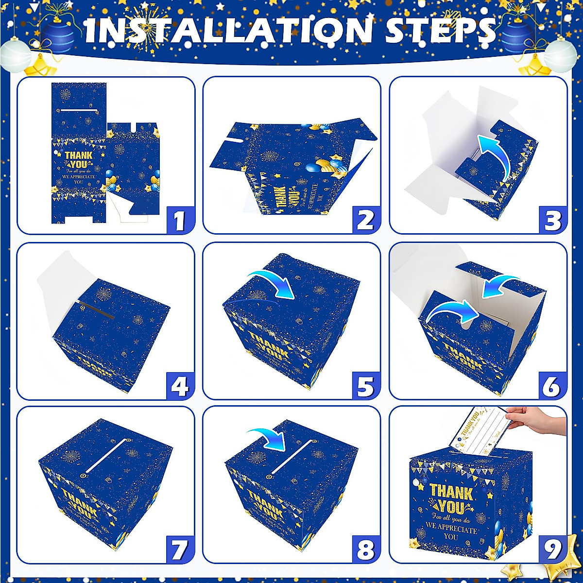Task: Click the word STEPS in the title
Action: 440,30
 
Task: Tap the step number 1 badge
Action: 179,221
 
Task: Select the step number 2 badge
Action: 365,221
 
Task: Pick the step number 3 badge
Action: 552,221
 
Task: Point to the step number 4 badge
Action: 179,386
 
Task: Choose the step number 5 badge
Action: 365,386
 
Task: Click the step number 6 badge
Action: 552,386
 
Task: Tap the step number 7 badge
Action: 179,550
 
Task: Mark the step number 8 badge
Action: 365,550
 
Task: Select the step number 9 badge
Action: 552,550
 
